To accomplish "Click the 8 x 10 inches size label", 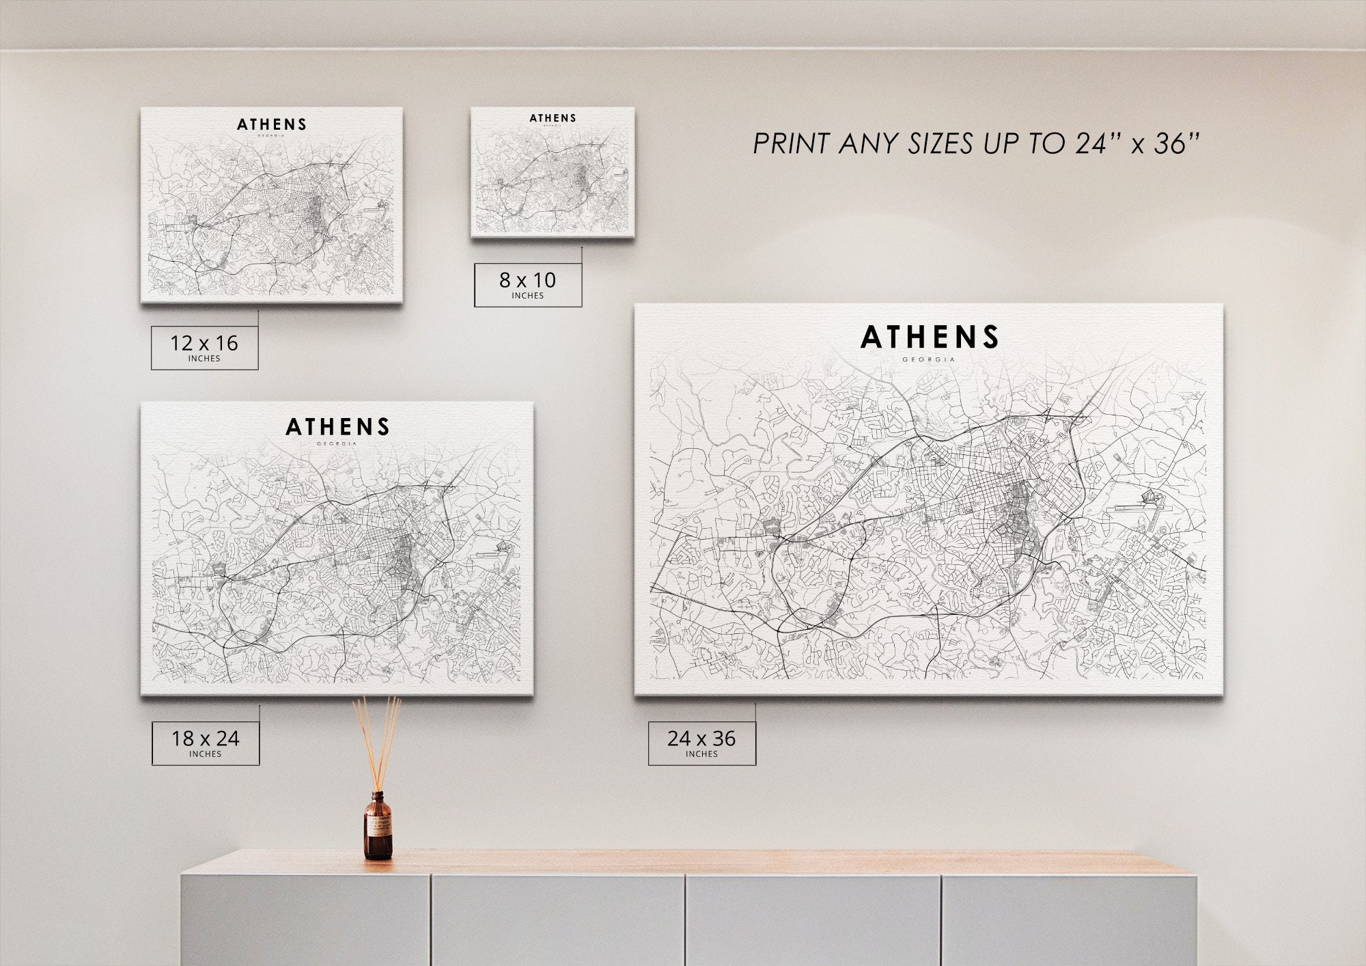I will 528,284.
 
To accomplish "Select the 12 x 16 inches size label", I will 204,347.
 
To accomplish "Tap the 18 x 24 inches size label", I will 205,743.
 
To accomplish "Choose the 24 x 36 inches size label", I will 701,743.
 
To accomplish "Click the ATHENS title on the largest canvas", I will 930,337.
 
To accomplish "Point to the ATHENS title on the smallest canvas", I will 553,118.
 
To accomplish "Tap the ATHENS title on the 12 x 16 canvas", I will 272,124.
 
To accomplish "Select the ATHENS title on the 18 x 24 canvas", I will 337,427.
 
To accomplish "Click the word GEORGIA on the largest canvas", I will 929,359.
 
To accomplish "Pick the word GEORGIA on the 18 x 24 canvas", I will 337,444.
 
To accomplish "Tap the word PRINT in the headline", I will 792,143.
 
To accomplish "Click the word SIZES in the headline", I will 941,143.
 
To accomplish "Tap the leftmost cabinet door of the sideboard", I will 305,919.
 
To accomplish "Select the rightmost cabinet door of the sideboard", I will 1069,919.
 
